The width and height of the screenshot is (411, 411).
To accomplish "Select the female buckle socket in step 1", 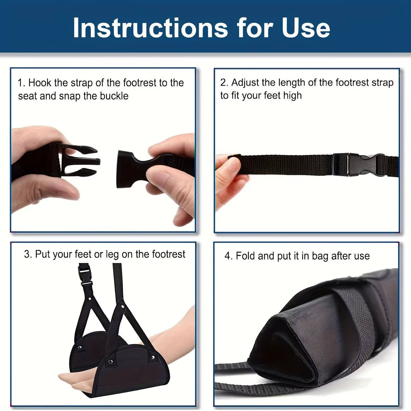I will coord(131,170).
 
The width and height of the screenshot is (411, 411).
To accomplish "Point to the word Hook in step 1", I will coord(40,83).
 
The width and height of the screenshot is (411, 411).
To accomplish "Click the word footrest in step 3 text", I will coord(169,254).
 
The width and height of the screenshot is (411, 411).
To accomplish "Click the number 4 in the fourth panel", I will coord(228,256).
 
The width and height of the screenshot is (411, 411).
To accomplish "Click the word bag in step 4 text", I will coord(320,256).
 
